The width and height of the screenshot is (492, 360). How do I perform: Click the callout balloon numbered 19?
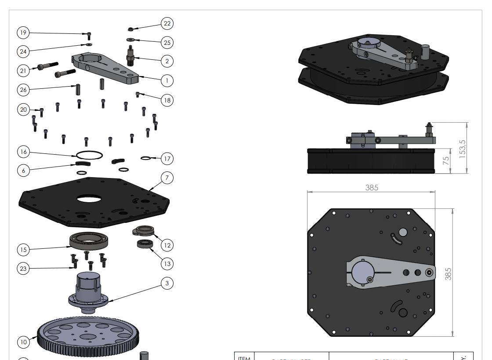(x=23, y=33)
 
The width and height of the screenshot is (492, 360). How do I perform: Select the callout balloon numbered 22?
(x=167, y=23)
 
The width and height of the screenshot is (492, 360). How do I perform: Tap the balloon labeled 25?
(x=167, y=43)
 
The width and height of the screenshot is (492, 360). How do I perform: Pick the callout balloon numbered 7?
(x=167, y=178)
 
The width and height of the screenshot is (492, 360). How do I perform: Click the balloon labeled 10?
(x=23, y=342)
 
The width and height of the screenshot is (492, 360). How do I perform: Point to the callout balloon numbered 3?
(x=167, y=284)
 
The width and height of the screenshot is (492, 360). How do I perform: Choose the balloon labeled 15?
(x=23, y=250)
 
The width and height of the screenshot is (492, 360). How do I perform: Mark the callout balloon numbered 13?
(x=167, y=264)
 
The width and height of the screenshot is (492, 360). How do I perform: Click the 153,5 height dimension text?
(x=462, y=148)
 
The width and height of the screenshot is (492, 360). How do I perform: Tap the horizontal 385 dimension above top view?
(x=372, y=188)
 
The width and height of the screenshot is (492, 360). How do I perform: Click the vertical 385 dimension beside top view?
(x=448, y=273)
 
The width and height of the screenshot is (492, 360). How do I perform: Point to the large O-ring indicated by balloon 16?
(x=89, y=154)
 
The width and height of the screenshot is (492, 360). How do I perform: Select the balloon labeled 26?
(x=23, y=90)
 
